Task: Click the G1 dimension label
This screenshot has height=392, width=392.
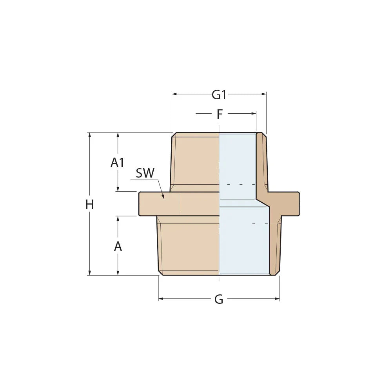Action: point(219,94)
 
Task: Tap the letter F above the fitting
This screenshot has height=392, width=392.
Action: point(220,114)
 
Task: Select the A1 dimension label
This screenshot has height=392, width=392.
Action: point(117,162)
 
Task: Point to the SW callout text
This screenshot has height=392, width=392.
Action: point(145,173)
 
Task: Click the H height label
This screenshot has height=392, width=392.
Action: point(90,204)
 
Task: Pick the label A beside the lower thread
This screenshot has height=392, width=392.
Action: point(118,247)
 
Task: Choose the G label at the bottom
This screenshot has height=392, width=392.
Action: point(219,299)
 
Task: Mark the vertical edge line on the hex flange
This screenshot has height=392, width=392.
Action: point(179,204)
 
